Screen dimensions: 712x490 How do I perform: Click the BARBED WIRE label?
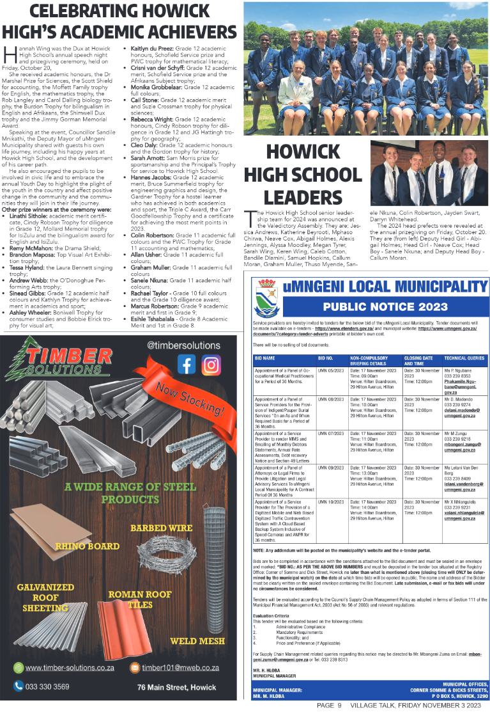point(161,528)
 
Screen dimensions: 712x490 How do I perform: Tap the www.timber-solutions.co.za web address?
point(70,668)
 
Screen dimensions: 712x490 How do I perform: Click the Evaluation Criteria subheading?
point(271,616)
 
